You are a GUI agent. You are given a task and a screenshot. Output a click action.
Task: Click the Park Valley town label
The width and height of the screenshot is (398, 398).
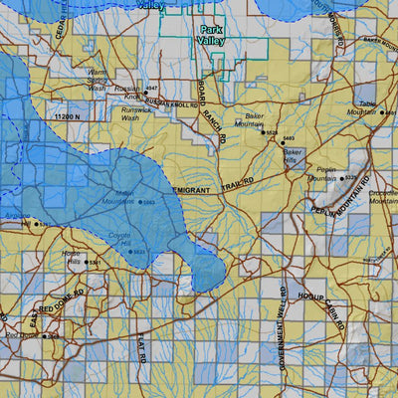(212, 36)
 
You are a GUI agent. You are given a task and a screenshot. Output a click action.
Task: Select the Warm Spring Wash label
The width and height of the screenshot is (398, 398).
(96, 79)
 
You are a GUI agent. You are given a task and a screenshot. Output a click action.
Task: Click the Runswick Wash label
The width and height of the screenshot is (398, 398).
(129, 113)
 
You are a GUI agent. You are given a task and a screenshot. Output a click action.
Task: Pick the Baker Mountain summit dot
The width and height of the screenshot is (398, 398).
(264, 131)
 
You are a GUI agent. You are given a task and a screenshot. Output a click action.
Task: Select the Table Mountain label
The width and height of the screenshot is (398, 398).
(368, 108)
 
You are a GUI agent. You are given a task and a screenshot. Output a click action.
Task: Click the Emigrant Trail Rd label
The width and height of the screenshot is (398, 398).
(213, 185)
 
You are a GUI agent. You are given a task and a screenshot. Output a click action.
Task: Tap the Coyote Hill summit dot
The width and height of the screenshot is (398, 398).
(130, 252)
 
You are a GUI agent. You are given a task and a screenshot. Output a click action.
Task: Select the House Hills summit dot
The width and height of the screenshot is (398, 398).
(87, 263)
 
